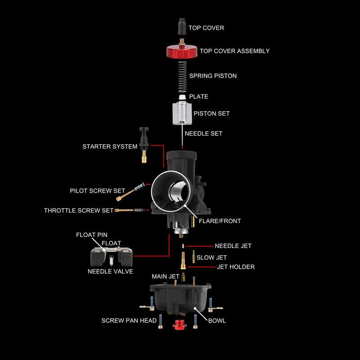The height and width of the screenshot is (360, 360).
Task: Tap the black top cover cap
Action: pos(182,27)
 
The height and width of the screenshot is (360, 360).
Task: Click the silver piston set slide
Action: pos(181,113)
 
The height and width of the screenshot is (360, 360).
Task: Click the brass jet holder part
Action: pos(183,260)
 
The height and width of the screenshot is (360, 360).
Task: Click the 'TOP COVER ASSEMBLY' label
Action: pos(234,51)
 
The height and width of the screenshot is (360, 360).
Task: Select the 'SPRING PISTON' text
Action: pos(213,76)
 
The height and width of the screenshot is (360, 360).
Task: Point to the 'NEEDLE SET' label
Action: pos(203,134)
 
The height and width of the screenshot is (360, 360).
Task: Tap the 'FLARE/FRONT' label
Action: pos(220,221)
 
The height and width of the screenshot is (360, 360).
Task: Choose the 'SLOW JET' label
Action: pos(211,258)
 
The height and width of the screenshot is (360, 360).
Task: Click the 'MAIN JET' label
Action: pos(165,276)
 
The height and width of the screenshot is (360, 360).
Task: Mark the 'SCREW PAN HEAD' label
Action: pos(129,321)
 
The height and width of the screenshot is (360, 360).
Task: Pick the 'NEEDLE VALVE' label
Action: pos(110,271)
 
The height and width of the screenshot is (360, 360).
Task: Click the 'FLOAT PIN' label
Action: pos(91,235)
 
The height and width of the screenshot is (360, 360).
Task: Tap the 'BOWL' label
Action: pos(217,321)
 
